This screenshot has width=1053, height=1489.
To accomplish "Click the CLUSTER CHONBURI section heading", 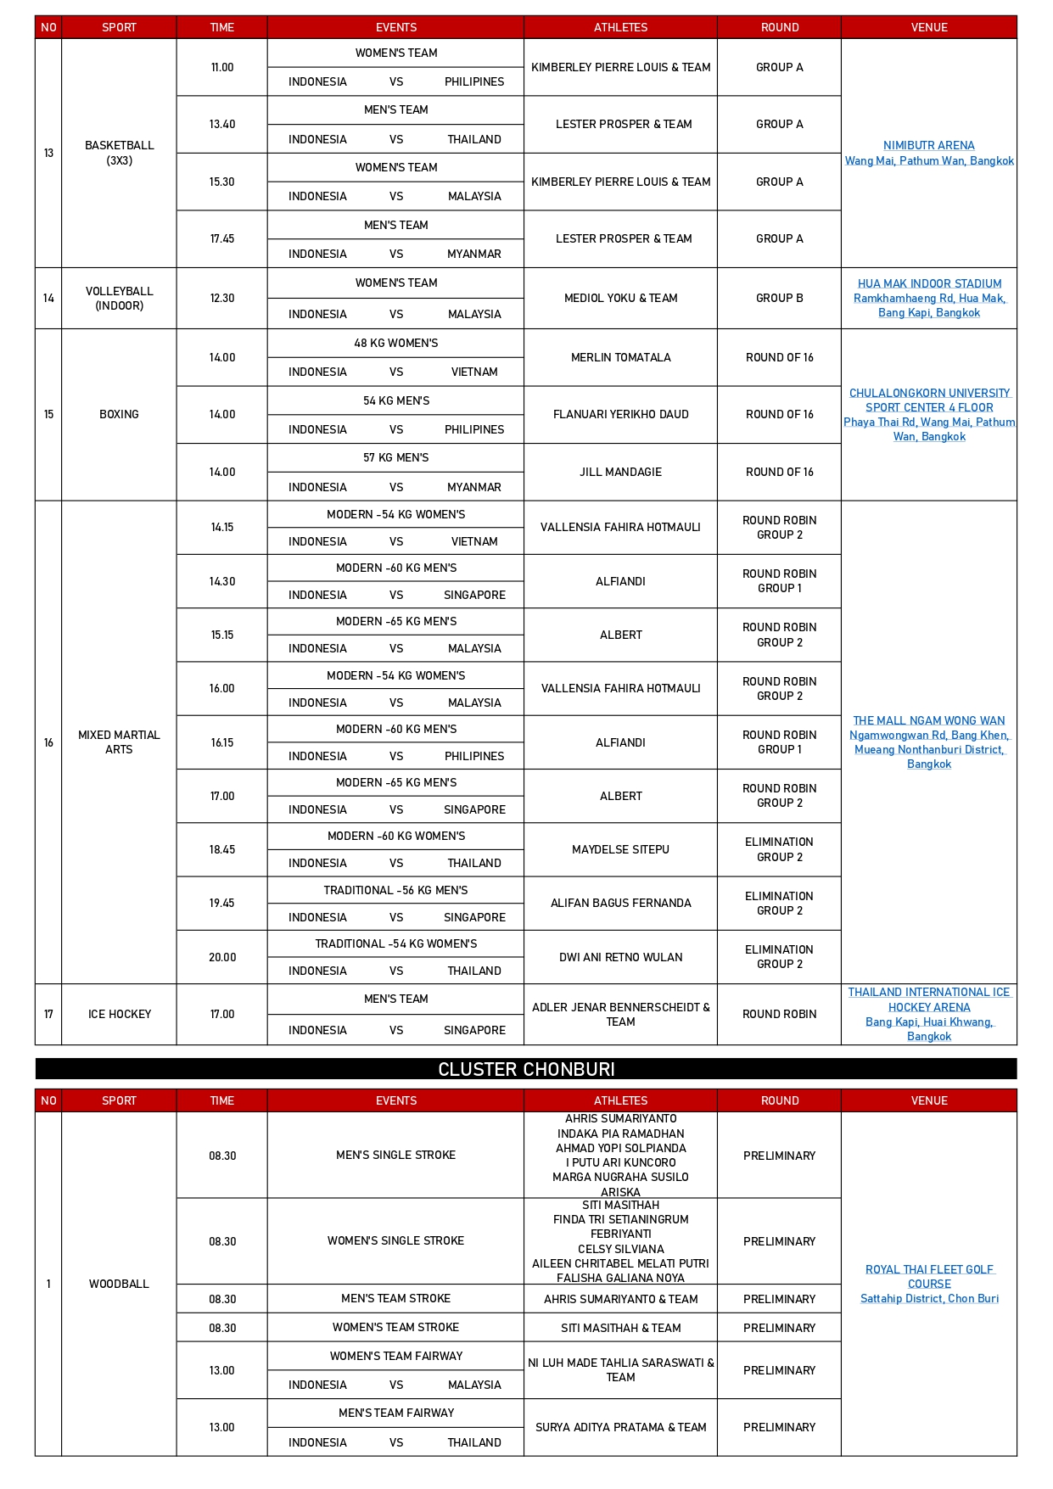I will click(526, 1069).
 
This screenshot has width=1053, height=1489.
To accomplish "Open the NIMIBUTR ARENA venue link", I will click(928, 146).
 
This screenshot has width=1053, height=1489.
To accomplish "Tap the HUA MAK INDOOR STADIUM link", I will click(929, 284).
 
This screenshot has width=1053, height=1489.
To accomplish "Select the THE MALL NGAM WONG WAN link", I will click(928, 720).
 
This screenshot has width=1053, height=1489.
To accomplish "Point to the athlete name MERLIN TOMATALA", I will click(620, 357).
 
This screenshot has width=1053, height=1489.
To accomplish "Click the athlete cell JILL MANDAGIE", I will click(620, 472).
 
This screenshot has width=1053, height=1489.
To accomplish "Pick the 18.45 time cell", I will click(221, 849).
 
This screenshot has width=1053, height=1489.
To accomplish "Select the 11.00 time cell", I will click(221, 67).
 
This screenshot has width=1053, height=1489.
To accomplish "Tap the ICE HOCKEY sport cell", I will click(119, 1014).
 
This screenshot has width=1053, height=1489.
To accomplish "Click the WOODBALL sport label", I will click(119, 1284).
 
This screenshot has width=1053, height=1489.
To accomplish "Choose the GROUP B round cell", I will click(779, 298).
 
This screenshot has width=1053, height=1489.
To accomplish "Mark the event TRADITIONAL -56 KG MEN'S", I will click(395, 890).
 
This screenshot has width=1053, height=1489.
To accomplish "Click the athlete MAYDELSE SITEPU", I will click(620, 849).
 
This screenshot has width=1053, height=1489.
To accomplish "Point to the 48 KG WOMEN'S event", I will click(395, 343).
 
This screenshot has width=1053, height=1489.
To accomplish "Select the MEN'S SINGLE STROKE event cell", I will click(395, 1155).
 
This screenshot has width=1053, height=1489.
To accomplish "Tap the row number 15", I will click(48, 414).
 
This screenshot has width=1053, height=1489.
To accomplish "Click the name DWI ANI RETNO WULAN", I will click(620, 957).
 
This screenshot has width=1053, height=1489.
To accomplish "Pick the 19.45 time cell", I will click(221, 903).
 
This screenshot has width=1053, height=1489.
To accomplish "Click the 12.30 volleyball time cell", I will click(221, 298).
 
